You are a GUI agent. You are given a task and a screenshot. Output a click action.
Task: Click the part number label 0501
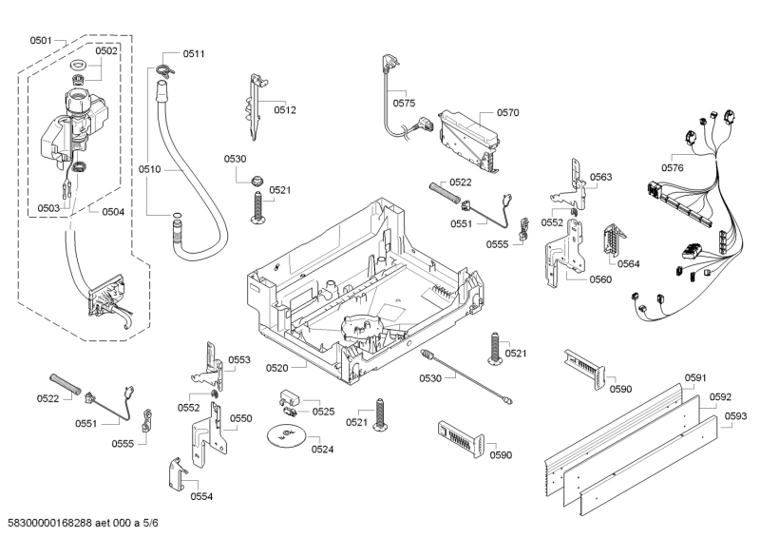point(40,41)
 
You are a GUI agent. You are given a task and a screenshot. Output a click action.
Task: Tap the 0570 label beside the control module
point(507,112)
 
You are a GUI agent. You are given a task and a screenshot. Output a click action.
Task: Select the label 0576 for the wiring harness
point(672,168)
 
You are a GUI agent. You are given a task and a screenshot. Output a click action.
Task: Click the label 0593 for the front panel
point(734,415)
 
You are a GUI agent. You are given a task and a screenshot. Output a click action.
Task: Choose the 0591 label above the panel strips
point(696,377)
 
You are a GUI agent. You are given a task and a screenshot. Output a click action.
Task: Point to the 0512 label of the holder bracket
point(286,110)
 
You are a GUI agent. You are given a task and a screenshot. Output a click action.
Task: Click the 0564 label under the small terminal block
point(628,264)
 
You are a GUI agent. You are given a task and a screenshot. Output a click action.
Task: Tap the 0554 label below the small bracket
point(201,496)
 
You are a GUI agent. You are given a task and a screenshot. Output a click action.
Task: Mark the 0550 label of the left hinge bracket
point(240,418)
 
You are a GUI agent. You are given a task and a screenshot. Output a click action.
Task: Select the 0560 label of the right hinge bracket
point(600,279)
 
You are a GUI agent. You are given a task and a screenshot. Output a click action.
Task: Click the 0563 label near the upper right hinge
point(600,177)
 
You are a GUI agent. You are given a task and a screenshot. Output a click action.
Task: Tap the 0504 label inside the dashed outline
point(113,211)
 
